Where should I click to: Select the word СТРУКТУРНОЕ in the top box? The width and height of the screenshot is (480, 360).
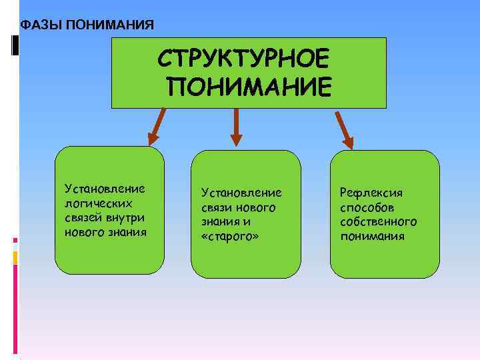pos(243,59)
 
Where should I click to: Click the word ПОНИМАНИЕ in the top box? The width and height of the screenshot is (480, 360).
pos(249,87)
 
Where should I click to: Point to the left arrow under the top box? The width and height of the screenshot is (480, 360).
pos(157,127)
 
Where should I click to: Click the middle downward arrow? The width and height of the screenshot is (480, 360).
pos(235,127)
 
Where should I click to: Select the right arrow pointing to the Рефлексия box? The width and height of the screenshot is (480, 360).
pos(344,128)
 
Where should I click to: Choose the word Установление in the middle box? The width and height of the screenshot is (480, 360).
pos(241,193)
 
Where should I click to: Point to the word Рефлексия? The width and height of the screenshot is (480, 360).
pos(371,193)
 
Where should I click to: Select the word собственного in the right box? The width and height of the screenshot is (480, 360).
pos(378,221)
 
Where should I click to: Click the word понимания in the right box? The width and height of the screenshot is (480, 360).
pos(372,236)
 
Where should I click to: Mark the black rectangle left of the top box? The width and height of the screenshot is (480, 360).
pos(15,45)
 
